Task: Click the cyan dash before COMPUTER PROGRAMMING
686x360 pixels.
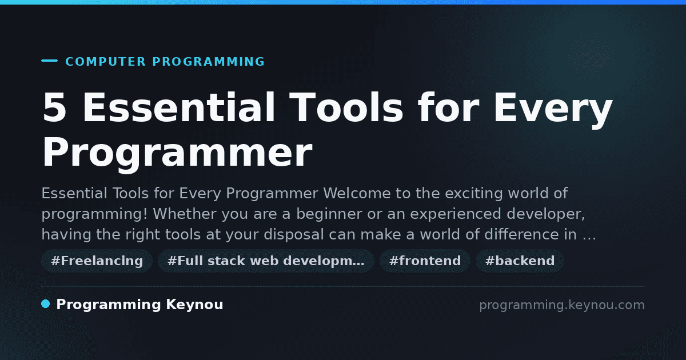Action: (x=49, y=61)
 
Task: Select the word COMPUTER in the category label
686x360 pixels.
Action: (x=105, y=62)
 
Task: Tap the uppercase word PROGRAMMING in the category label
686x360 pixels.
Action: (x=208, y=62)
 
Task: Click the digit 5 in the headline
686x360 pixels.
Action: (x=54, y=107)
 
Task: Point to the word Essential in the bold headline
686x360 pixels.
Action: (x=178, y=107)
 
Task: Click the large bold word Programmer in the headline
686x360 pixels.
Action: (x=177, y=153)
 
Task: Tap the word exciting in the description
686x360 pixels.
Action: (x=473, y=194)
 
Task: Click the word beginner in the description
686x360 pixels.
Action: (x=329, y=214)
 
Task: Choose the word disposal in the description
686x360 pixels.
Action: (x=294, y=235)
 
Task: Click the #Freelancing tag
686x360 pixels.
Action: (x=97, y=261)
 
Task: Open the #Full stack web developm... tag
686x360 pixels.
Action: (x=266, y=261)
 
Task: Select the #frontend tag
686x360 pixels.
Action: (x=425, y=261)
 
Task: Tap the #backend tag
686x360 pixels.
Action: (x=520, y=261)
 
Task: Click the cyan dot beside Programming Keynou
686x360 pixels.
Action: (x=46, y=304)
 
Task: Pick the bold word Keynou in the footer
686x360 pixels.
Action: (x=194, y=305)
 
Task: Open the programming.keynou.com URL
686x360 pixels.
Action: (x=562, y=305)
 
